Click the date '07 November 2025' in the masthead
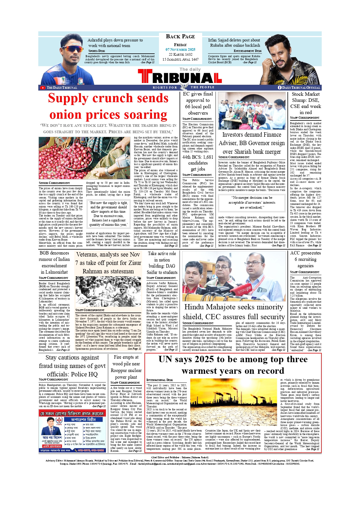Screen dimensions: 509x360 (180, 50)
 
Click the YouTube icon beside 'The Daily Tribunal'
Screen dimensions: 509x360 (43, 88)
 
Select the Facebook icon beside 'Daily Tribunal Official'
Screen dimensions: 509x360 (280, 87)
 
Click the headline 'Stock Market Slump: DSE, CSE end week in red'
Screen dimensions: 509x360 (305, 103)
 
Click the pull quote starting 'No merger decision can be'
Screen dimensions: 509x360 (252, 203)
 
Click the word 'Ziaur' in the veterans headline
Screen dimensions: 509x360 (134, 263)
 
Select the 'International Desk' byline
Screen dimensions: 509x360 (160, 380)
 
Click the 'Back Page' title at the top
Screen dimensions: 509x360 (180, 37)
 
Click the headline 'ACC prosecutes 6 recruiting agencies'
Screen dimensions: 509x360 (305, 259)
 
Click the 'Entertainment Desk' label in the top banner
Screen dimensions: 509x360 (247, 51)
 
